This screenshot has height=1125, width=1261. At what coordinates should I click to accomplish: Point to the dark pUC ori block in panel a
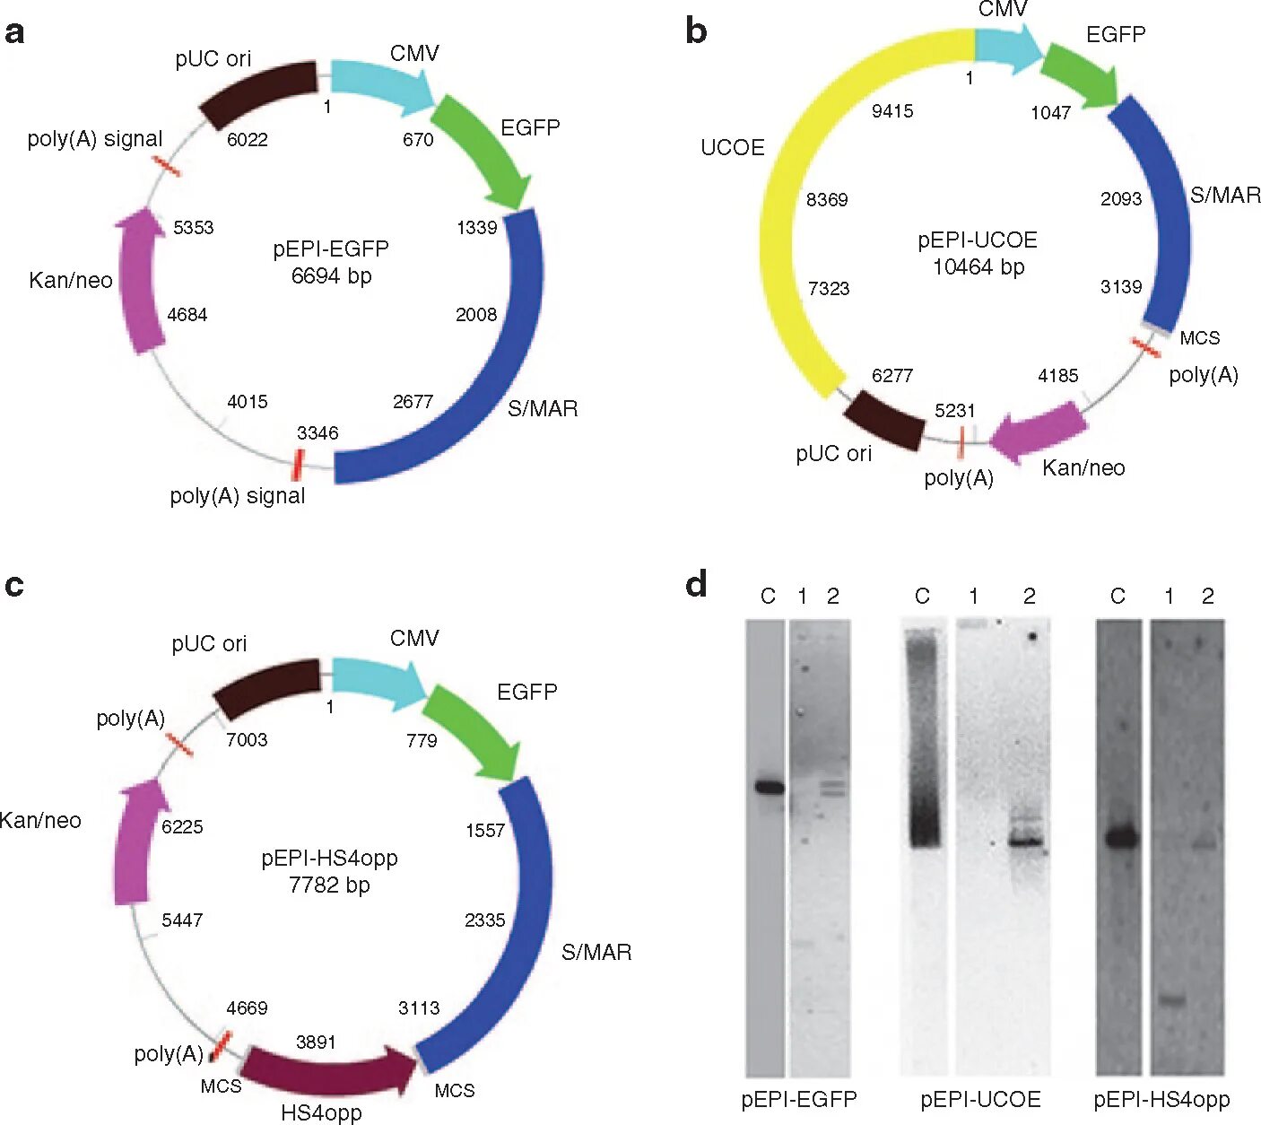[x=258, y=93]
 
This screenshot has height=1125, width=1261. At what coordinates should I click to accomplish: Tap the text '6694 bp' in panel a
[x=331, y=275]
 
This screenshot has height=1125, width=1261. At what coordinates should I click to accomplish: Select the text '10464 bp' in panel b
[x=978, y=266]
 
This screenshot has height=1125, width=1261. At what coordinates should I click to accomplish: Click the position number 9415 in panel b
[x=892, y=111]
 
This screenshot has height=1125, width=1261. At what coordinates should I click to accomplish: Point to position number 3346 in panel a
[x=317, y=433]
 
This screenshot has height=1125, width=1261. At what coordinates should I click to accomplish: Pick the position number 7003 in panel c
[x=247, y=739]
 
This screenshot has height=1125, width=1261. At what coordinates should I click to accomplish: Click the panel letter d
[x=696, y=584]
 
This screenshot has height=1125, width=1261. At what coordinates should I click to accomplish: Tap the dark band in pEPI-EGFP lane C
[x=769, y=788]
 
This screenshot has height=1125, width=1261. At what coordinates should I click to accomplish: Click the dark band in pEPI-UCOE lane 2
[x=1024, y=842]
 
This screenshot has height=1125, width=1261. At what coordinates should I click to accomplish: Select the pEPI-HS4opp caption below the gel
[x=1161, y=1100]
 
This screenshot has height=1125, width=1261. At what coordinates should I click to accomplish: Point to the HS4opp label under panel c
[x=321, y=1113]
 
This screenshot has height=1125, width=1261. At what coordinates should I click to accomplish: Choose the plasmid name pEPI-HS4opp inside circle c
[x=329, y=858]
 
